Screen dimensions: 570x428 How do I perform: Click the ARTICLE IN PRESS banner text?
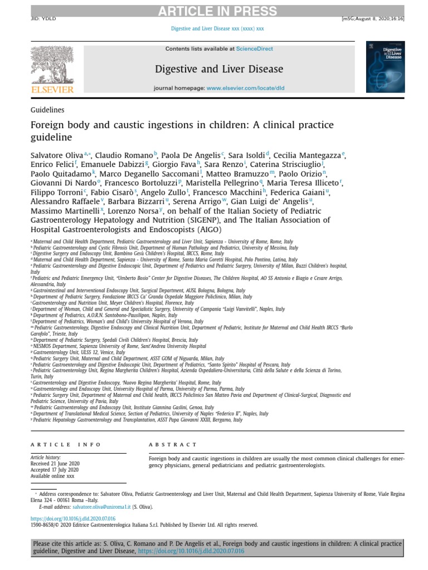point(217,12)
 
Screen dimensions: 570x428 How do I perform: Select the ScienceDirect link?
point(255,49)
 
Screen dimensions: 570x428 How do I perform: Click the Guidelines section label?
point(47,110)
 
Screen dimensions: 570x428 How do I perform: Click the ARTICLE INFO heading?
point(66,445)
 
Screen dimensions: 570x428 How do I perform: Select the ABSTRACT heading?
point(173,445)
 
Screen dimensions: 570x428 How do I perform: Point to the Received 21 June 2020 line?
point(55,464)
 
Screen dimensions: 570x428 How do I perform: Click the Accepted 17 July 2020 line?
point(55,470)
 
